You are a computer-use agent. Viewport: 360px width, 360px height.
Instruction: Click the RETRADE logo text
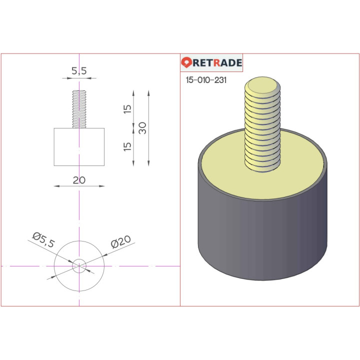217,62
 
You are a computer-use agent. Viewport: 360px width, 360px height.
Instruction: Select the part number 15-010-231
206,80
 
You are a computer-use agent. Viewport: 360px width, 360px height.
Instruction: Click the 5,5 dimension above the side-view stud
79,71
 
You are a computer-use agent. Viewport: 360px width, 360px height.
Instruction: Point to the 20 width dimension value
79,180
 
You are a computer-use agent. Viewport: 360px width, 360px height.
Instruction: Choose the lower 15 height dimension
127,146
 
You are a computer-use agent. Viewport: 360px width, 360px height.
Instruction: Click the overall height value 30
142,128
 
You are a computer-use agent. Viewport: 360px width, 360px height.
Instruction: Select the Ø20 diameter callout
120,242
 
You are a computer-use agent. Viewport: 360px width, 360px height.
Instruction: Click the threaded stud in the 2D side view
79,109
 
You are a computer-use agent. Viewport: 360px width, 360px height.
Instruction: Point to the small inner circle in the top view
79,265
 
